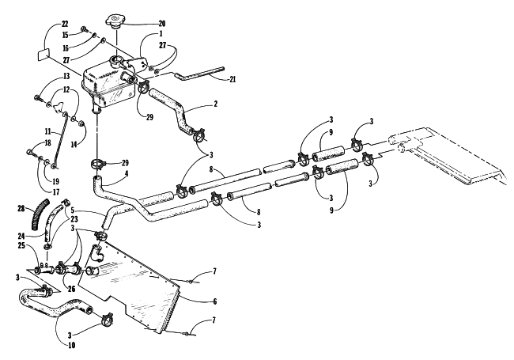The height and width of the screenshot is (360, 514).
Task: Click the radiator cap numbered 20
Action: pos(115,21)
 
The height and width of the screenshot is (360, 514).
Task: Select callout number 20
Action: pos(162,24)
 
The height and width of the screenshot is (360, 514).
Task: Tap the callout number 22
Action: pos(65,24)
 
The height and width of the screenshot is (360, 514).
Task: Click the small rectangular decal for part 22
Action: pos(43,55)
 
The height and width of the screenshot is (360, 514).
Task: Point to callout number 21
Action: pos(232,79)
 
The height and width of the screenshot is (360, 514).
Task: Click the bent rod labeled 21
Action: pos(199,73)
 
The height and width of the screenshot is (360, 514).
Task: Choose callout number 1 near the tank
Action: pos(161,33)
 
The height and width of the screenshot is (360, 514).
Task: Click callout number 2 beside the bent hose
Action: pos(215,104)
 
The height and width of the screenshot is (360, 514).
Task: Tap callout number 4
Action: pos(127,173)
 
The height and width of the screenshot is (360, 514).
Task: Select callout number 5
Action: pos(73,210)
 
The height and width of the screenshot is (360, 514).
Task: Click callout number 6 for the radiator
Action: pos(215,301)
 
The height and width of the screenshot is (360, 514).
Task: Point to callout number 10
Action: pos(71,345)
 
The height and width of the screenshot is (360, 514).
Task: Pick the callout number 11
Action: pos(48,132)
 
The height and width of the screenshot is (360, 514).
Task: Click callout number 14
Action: pos(74,144)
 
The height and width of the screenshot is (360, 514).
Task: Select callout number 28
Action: pos(21,208)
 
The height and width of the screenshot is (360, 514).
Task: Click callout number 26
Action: pos(71,289)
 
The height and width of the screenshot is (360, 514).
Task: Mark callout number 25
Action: pos(21,245)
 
